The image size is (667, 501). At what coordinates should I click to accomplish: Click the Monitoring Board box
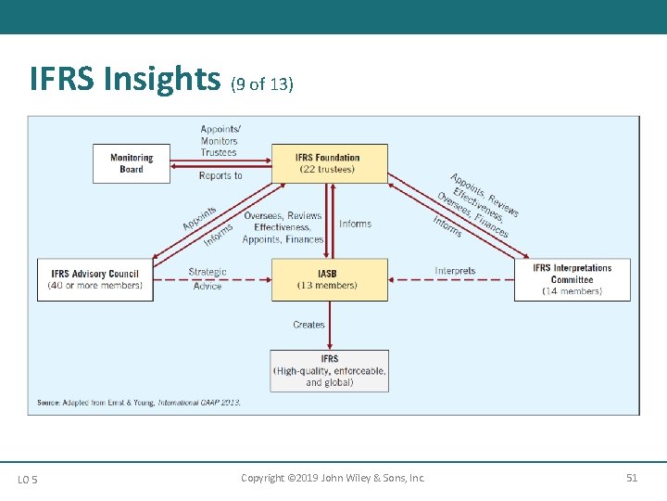(x=132, y=163)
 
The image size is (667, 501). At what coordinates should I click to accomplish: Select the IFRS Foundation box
(x=329, y=163)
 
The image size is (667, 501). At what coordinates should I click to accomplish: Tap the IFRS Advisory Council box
(x=95, y=279)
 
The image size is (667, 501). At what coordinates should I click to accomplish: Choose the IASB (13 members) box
(x=329, y=279)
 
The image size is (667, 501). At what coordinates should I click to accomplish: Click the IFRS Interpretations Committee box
(x=573, y=279)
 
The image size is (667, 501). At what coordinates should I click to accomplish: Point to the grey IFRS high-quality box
(x=329, y=370)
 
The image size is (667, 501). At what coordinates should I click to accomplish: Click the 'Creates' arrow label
(x=308, y=325)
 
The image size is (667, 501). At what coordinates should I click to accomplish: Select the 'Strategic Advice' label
(x=208, y=279)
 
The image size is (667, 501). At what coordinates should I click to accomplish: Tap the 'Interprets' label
(x=455, y=271)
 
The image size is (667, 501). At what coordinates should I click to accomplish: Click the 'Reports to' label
(x=220, y=175)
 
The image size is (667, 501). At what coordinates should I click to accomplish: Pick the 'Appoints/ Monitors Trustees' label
(x=220, y=140)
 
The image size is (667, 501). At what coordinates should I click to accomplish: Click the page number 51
(x=632, y=478)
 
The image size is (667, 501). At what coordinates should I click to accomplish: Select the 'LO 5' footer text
(x=28, y=479)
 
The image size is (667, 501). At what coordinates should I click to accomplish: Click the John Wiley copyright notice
(x=333, y=478)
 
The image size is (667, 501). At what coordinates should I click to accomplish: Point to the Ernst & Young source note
(x=139, y=403)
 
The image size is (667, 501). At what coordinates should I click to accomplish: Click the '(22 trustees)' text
(x=329, y=169)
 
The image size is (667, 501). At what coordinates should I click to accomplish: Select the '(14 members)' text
(x=572, y=291)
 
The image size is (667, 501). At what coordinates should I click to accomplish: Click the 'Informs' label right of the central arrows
(x=355, y=224)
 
